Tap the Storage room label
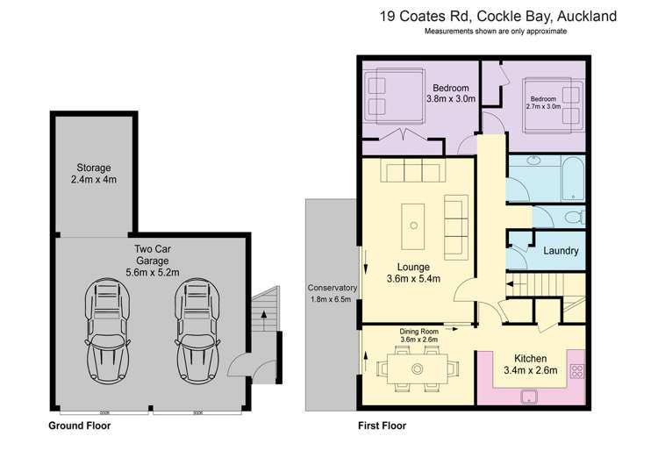tap(93, 174)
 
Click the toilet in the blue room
tap(572, 217)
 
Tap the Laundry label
tap(561, 251)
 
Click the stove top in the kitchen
tap(577, 368)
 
